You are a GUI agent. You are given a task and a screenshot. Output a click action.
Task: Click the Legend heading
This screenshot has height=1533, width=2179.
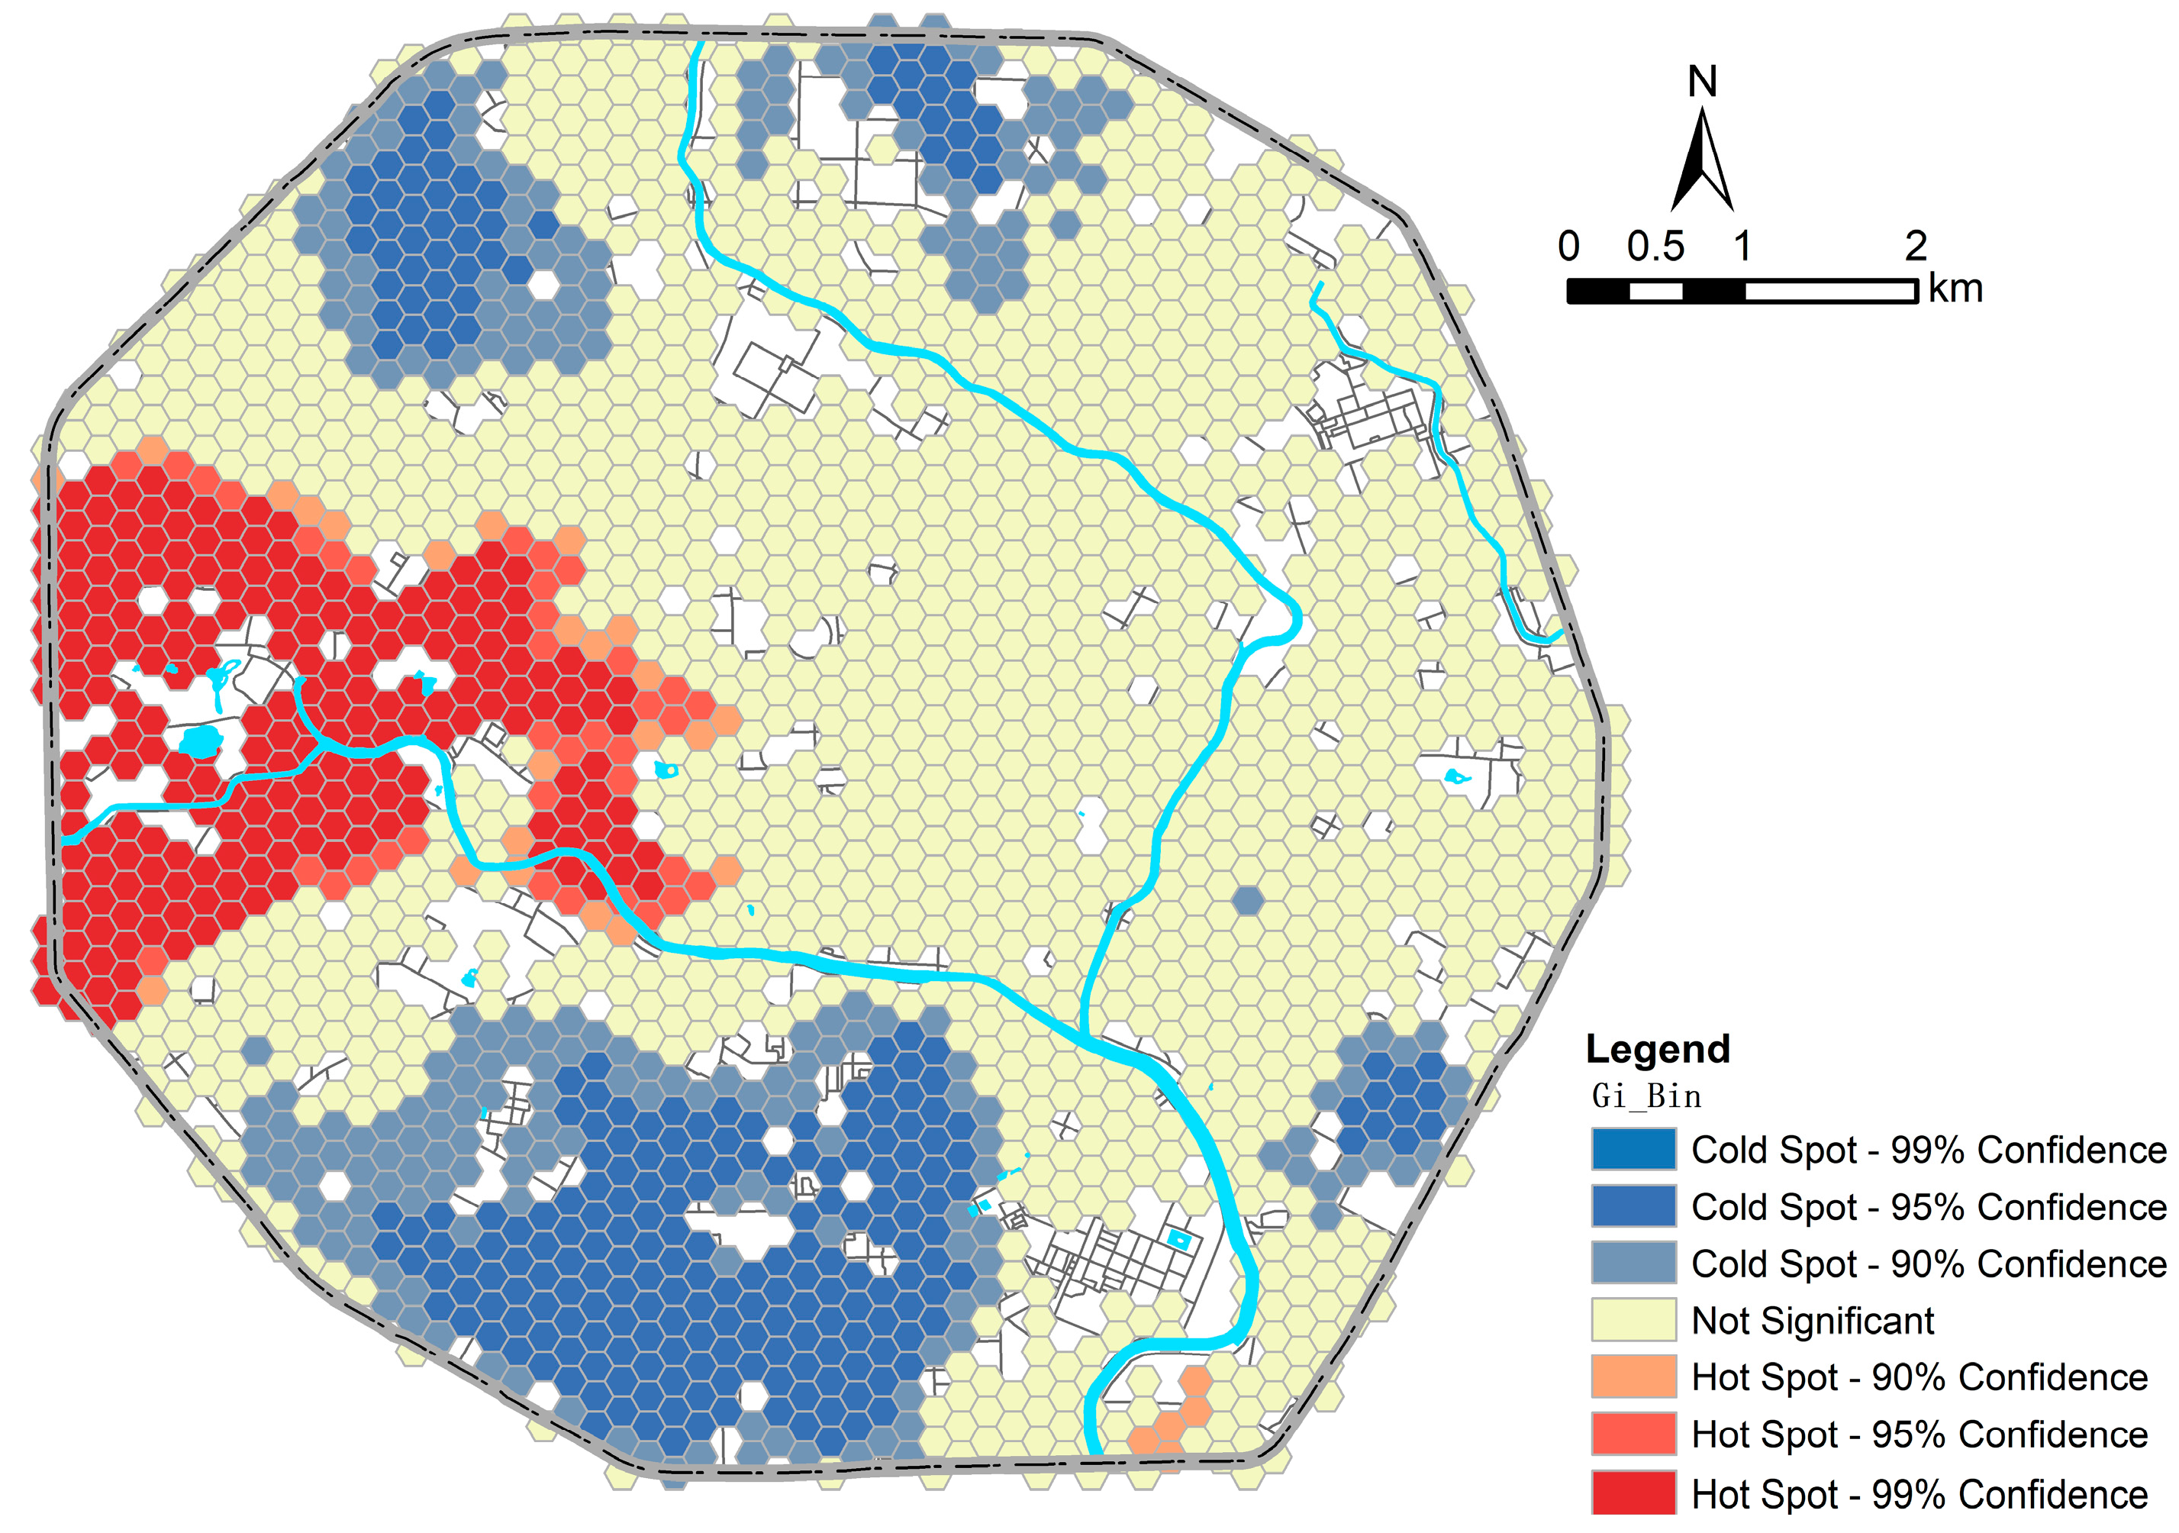click(x=1658, y=1049)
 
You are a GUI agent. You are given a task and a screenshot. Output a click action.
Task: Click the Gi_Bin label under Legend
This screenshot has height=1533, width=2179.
click(x=1646, y=1096)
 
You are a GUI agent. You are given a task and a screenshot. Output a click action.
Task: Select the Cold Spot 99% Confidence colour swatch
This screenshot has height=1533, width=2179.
click(x=1633, y=1150)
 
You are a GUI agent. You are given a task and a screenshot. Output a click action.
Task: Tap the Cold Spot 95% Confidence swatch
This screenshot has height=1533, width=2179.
click(x=1633, y=1206)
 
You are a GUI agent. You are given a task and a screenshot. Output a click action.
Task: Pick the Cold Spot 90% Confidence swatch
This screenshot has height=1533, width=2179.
click(x=1633, y=1264)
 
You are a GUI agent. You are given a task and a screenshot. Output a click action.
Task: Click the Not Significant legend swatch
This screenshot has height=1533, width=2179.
click(x=1633, y=1320)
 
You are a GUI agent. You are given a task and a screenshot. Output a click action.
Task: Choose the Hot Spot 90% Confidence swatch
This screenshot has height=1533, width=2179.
click(x=1633, y=1377)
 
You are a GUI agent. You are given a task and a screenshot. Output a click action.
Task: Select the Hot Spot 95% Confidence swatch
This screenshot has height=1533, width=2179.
click(x=1633, y=1435)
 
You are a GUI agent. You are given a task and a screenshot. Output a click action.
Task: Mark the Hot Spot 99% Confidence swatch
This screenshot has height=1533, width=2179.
click(x=1633, y=1493)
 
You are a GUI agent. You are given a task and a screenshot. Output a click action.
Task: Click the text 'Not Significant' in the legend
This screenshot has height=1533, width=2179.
click(x=1813, y=1320)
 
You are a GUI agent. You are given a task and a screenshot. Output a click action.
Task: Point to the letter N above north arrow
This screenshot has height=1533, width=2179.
click(x=1703, y=82)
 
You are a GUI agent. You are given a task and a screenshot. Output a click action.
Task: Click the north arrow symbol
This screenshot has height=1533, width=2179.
click(x=1703, y=161)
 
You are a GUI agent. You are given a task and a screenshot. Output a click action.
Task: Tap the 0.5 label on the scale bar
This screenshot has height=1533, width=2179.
click(x=1656, y=247)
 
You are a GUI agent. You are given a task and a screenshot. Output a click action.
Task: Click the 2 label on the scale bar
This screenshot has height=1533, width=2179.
click(x=1916, y=247)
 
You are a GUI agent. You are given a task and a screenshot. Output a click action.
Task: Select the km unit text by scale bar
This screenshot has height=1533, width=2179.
click(x=1956, y=289)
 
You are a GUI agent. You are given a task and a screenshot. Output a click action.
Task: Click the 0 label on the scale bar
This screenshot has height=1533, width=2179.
click(x=1568, y=247)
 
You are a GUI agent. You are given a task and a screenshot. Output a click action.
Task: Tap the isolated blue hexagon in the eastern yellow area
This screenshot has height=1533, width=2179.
click(x=1248, y=900)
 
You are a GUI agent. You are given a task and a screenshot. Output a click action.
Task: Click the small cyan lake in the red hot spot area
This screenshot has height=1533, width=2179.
click(x=199, y=741)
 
